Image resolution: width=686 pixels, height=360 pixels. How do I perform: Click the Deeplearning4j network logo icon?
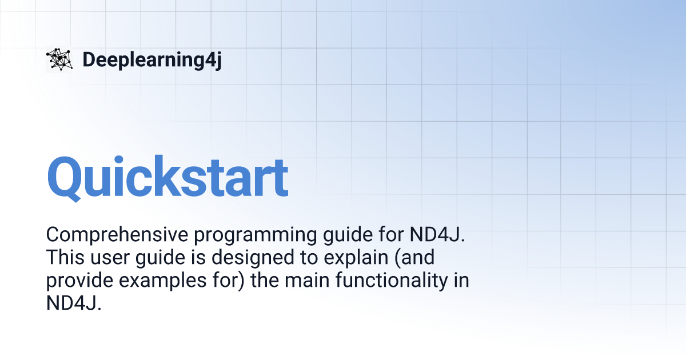(59, 59)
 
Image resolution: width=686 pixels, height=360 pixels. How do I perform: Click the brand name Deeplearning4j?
(151, 59)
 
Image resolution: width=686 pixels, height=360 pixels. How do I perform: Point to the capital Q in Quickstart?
(68, 177)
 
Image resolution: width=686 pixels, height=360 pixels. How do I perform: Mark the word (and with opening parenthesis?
(413, 258)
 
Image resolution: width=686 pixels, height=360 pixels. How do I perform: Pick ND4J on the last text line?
(74, 303)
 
